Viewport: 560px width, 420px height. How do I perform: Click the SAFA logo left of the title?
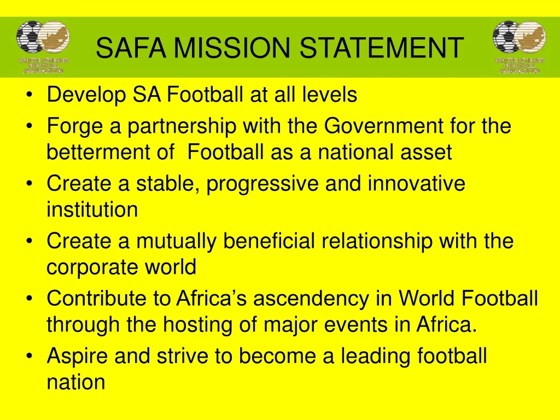[x=43, y=47]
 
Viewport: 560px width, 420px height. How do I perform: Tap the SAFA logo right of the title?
[x=519, y=47]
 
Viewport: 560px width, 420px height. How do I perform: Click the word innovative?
[x=416, y=183]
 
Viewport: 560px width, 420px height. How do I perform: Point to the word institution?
[x=92, y=209]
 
